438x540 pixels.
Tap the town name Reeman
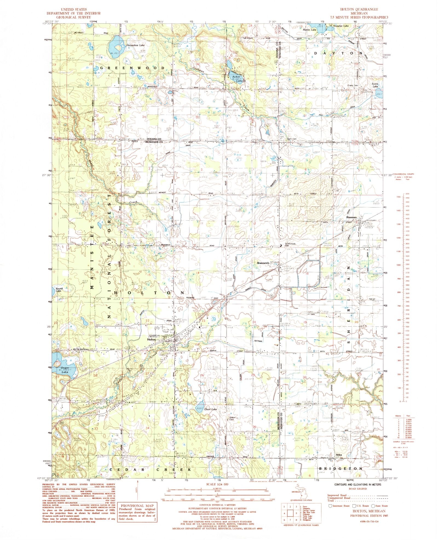tap(351, 217)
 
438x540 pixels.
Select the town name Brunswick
tap(263, 263)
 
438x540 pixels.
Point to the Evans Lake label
tap(375, 85)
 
